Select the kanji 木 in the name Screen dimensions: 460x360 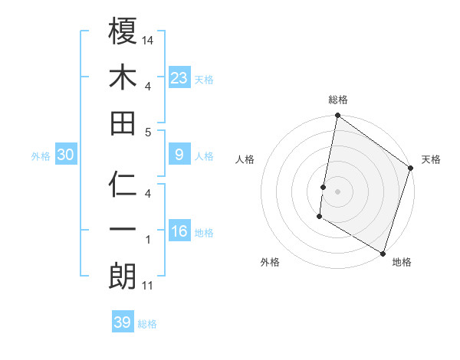point(123,77)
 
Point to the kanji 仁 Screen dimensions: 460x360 point(123,185)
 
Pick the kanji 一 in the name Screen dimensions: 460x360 point(123,231)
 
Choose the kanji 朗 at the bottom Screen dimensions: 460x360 point(123,277)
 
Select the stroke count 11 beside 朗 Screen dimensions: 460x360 point(148,286)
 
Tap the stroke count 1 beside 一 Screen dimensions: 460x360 point(148,240)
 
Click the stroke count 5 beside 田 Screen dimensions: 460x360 point(148,132)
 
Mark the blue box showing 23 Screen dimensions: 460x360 point(179,77)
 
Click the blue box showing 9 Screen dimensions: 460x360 point(179,155)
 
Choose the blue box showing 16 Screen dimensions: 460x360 point(179,231)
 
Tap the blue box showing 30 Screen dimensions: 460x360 point(65,155)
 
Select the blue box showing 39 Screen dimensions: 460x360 point(123,322)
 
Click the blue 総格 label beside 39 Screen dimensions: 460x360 point(147,324)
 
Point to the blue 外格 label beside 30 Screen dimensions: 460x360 point(41,156)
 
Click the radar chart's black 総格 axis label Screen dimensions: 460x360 point(338,100)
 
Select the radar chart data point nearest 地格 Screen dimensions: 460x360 point(382,253)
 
